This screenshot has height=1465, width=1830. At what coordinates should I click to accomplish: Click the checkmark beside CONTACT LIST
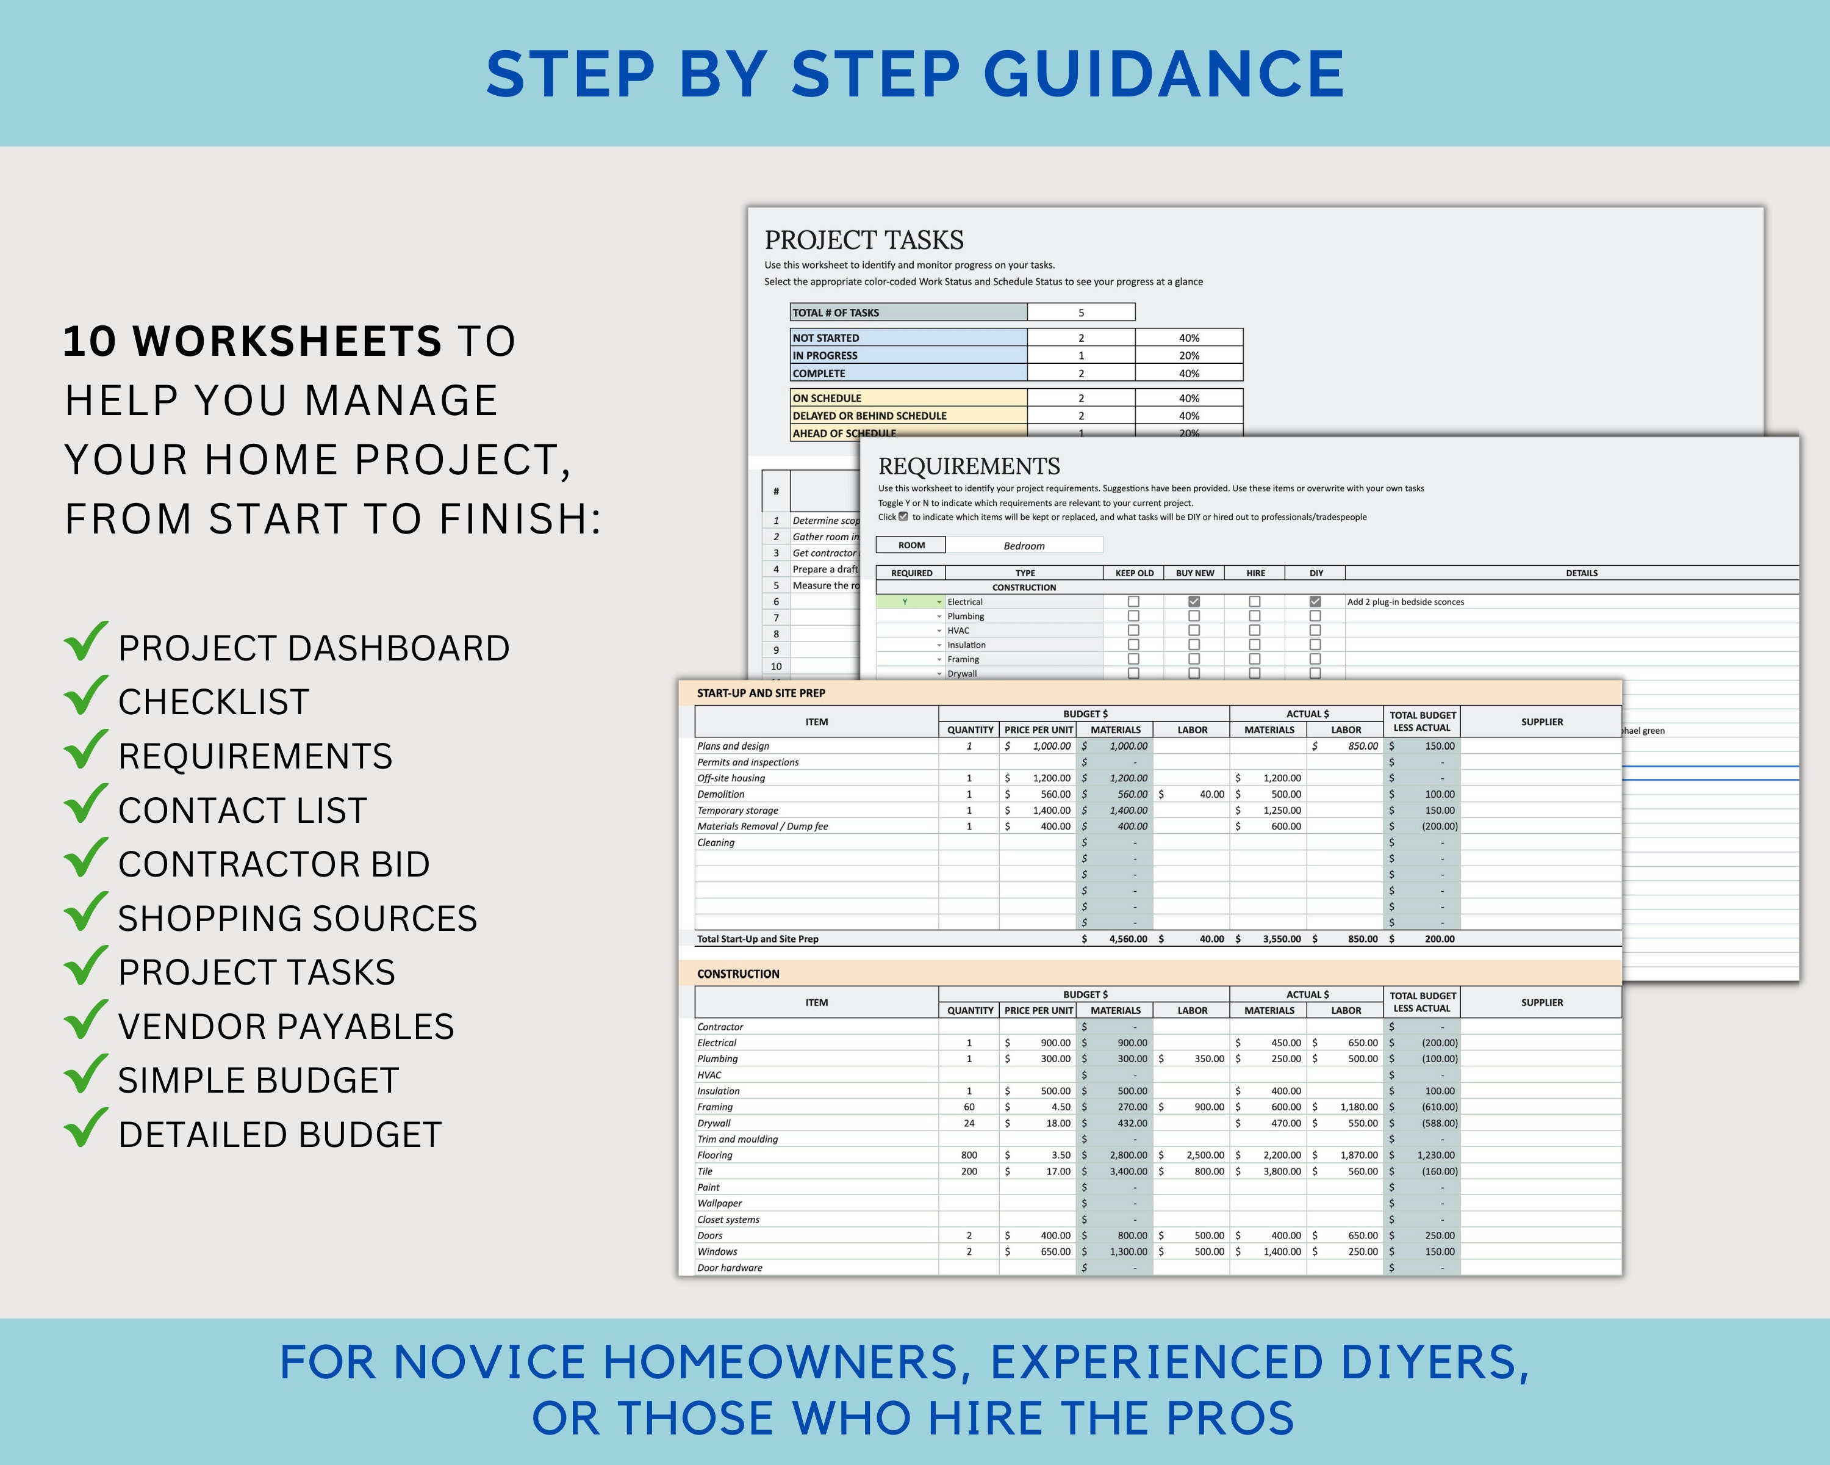pos(86,805)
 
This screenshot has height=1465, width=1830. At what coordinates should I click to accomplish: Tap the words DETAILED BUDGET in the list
pos(279,1135)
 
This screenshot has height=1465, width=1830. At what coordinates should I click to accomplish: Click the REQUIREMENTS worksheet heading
pos(969,466)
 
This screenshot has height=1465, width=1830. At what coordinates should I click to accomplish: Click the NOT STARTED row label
pos(825,338)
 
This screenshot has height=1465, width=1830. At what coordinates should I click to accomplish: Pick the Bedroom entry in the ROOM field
pos(1024,546)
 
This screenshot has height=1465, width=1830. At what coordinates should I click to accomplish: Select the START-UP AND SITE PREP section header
pos(761,693)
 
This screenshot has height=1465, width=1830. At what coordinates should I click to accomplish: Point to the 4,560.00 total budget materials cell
pos(1127,939)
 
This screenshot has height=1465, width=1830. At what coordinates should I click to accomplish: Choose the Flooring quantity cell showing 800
pos(969,1155)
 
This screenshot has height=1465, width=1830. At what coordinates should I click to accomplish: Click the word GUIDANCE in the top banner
pos(1163,74)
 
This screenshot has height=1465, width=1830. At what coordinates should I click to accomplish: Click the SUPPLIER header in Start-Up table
pos(1541,722)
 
